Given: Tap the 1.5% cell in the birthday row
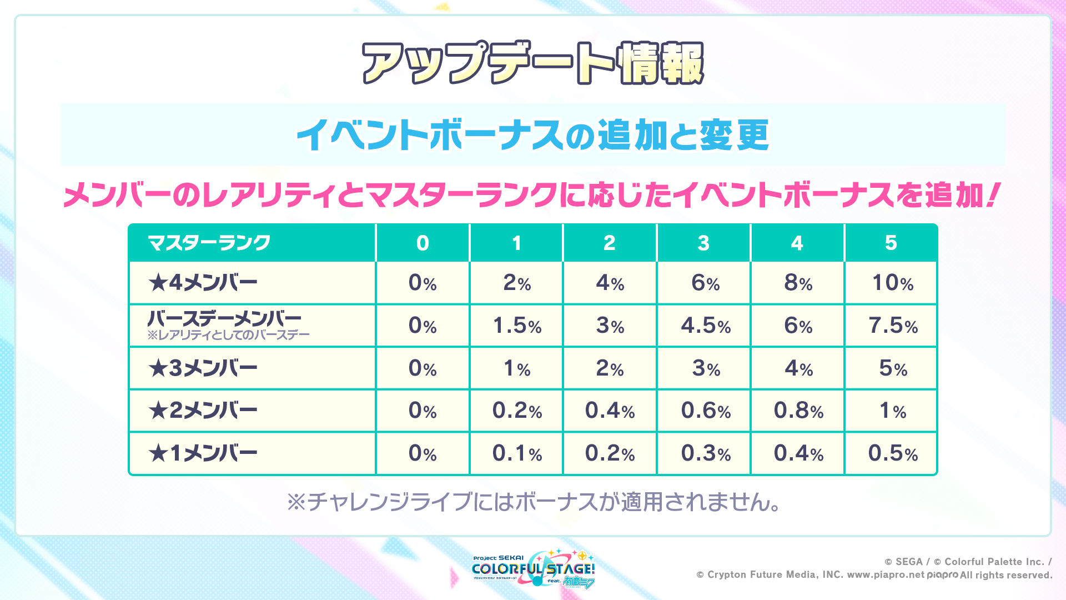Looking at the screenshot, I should [x=517, y=326].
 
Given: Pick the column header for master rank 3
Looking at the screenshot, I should [x=703, y=243].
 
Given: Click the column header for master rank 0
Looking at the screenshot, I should [x=423, y=243].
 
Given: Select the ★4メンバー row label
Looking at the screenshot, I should [x=203, y=283].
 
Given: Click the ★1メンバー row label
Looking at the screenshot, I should [x=203, y=453].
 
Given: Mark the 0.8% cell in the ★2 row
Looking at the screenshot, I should [x=798, y=411].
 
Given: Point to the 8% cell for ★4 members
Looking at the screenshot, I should [x=798, y=283].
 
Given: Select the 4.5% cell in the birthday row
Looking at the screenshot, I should [x=706, y=326].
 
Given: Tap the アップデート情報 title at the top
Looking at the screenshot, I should [x=533, y=63].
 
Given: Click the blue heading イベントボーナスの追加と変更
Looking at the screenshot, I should [x=533, y=135].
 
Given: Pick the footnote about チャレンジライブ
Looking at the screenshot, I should [x=533, y=502].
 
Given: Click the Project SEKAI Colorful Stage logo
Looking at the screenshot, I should [x=534, y=569].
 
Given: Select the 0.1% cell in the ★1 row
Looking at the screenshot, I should [x=517, y=453].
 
